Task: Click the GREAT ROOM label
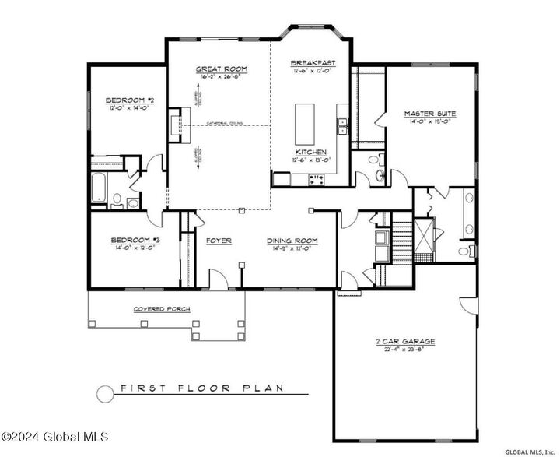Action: click(221, 69)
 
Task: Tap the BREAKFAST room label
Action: click(313, 63)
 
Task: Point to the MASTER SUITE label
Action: click(429, 114)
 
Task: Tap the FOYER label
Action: click(218, 241)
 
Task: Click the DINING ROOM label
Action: click(289, 241)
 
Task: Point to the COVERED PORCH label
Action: click(162, 308)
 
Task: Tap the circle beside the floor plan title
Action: click(105, 393)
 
